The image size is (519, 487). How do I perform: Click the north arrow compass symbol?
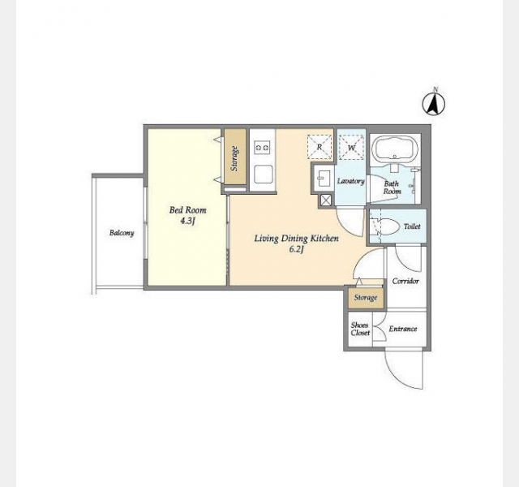(x=434, y=104)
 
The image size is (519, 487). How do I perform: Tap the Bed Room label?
(x=187, y=210)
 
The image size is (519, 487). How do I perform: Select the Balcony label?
(x=122, y=233)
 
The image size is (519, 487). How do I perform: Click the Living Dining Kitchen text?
(x=296, y=239)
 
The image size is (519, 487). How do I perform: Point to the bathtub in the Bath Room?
(x=395, y=150)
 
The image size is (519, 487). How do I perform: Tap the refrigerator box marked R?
(x=320, y=147)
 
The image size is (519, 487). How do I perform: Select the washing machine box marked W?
(x=351, y=147)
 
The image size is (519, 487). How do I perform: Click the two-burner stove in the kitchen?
(x=262, y=147)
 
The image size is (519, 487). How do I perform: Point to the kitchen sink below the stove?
(x=263, y=174)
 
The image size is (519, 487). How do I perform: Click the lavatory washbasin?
(x=323, y=179)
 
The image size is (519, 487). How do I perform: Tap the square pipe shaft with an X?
(x=326, y=200)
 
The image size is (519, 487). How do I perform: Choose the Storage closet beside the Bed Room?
(x=235, y=157)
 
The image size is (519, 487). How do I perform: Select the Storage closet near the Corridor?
(x=366, y=297)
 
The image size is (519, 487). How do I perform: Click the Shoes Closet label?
(x=360, y=329)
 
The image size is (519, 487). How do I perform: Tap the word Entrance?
(x=403, y=329)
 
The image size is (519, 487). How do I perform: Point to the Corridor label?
(x=405, y=281)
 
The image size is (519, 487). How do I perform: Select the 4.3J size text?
(x=187, y=221)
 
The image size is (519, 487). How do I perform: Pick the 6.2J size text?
(x=296, y=249)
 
